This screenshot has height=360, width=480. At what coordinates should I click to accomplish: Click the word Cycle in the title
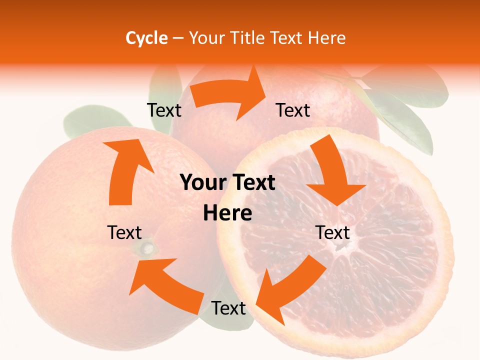(146, 38)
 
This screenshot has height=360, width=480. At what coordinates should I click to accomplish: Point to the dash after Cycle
(178, 38)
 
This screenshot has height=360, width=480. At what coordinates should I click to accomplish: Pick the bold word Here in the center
(227, 213)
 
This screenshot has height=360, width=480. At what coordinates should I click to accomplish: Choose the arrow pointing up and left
(165, 285)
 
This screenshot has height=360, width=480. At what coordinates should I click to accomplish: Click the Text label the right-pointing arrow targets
(293, 110)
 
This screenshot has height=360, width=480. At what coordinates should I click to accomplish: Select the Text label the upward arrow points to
(164, 110)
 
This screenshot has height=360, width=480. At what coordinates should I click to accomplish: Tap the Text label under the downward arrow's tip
(332, 232)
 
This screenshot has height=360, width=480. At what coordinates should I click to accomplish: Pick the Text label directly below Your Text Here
(228, 308)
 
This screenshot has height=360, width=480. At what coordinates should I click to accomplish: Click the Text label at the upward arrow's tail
(124, 232)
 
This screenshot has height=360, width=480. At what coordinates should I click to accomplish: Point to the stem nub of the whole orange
(148, 247)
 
